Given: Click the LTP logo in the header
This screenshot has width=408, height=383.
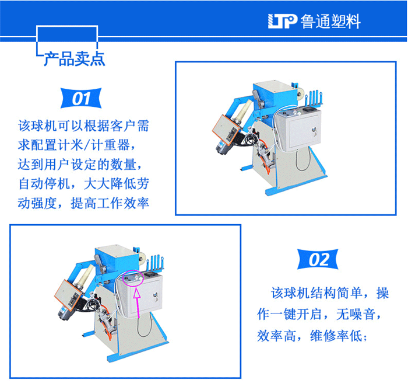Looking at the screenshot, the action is (x=282, y=21).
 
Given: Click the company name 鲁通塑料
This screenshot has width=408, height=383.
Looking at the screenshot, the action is (x=330, y=21).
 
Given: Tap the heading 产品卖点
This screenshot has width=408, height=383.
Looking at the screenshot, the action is (x=75, y=58).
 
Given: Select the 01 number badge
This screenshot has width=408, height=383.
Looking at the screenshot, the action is (x=81, y=98).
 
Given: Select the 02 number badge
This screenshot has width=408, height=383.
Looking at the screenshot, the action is (x=318, y=259).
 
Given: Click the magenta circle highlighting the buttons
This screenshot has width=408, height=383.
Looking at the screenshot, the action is (x=133, y=278).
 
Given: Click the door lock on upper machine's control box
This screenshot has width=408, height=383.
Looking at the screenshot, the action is (x=315, y=130).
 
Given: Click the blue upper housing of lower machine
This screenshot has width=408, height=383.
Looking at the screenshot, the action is (x=117, y=261).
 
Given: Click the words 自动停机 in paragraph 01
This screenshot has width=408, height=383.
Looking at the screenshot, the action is (x=44, y=183).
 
